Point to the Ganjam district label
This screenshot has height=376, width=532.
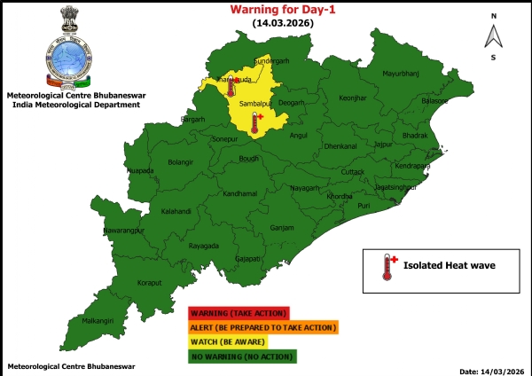click(282, 227)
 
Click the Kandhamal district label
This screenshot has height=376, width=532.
click(239, 193)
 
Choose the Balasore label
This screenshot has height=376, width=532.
click(434, 101)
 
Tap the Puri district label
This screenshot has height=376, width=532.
click(364, 206)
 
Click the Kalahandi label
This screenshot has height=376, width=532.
click(176, 212)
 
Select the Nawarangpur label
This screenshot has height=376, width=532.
click(123, 231)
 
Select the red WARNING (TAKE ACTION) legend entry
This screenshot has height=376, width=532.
click(238, 313)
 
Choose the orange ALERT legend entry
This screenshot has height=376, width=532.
click(262, 327)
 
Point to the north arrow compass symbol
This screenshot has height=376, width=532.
click(493, 35)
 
